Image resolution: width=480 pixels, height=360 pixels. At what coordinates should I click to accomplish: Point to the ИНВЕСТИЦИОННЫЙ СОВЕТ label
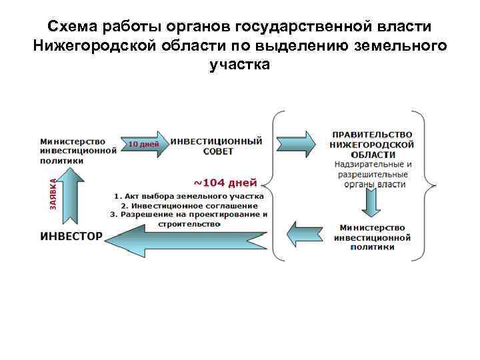217,146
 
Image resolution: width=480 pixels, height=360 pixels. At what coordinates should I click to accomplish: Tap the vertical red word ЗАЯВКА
53,193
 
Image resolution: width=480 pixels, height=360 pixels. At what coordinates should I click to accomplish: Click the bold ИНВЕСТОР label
71,236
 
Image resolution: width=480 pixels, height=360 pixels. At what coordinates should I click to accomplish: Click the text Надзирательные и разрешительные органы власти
372,174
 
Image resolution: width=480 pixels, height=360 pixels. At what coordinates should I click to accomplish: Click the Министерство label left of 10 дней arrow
73,141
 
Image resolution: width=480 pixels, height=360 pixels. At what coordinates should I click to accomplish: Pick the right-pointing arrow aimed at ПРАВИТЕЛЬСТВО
296,143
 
